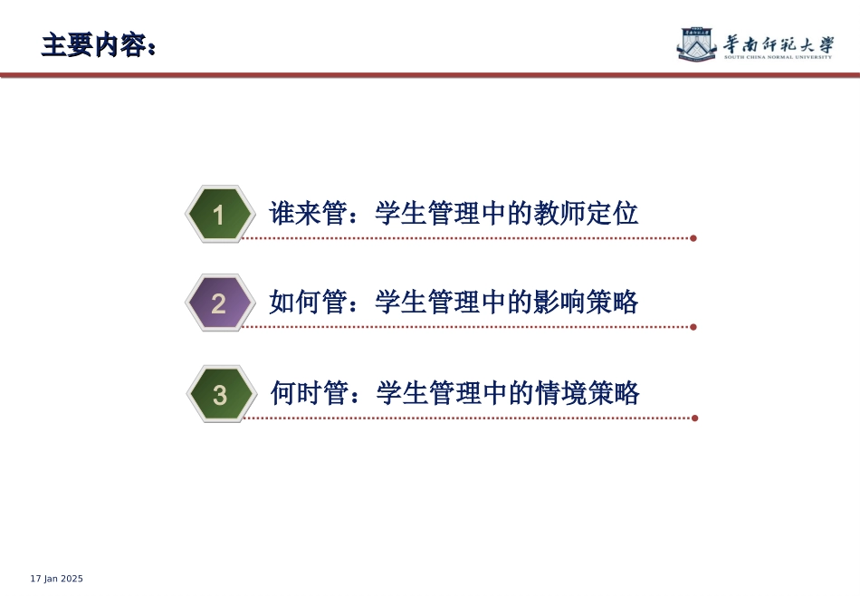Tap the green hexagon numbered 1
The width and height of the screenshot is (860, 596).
[x=218, y=216]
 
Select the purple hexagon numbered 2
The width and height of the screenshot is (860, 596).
[x=218, y=303]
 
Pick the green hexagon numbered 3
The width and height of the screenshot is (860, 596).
[x=219, y=395]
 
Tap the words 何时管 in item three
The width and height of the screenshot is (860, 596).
[x=309, y=393]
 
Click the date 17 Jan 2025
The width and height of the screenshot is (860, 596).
[x=57, y=579]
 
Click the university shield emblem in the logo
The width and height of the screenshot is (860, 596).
[x=696, y=43]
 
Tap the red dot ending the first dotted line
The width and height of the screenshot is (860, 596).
[x=693, y=238]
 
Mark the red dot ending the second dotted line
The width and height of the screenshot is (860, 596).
[x=693, y=327]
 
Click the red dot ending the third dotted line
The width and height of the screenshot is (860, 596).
[x=694, y=418]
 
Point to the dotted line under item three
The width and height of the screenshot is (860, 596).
[x=471, y=418]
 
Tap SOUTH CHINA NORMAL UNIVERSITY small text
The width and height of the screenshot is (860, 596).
[x=778, y=58]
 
